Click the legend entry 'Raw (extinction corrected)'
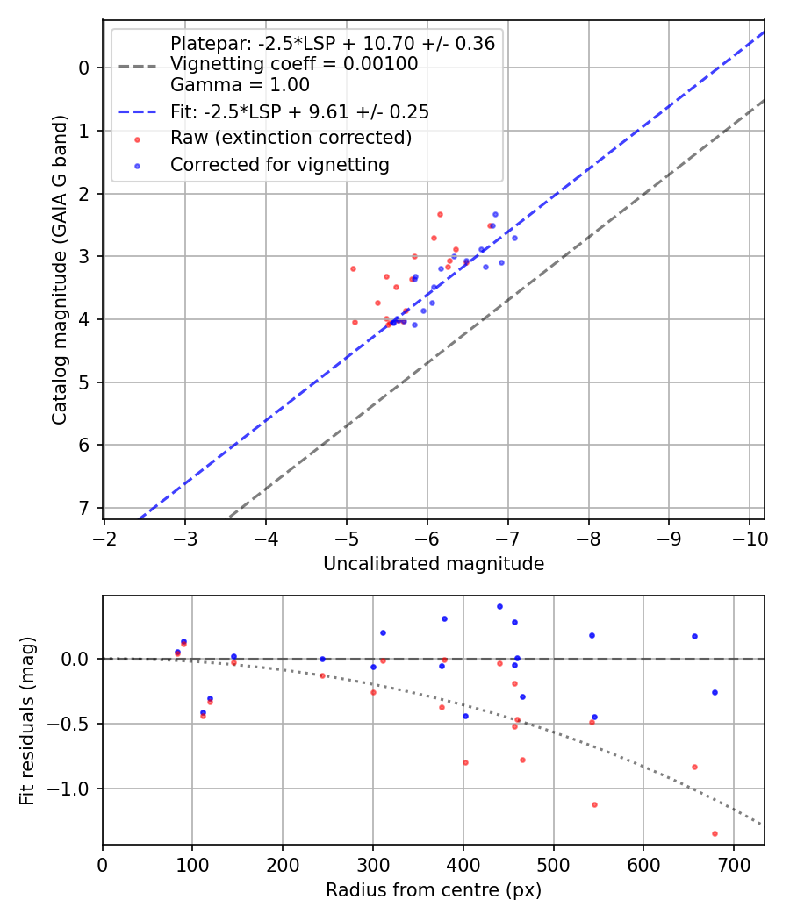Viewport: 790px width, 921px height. tap(291, 139)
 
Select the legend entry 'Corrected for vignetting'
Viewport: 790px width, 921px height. tap(279, 165)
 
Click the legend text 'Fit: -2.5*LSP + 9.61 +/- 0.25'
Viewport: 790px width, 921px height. tap(299, 112)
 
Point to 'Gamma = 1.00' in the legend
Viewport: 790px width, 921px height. tap(240, 86)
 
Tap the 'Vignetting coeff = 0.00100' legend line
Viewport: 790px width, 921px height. tap(294, 64)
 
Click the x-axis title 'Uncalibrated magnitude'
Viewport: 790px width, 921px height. tap(433, 564)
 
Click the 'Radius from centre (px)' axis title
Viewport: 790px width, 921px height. tap(433, 890)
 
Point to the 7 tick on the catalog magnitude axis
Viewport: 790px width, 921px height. tap(84, 509)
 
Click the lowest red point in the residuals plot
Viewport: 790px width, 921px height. tap(715, 833)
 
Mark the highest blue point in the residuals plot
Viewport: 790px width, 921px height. tap(499, 606)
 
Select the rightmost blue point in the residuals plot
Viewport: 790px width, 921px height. tap(715, 692)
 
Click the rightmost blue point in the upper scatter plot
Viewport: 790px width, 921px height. tap(514, 238)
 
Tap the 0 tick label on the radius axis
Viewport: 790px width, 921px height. tap(103, 864)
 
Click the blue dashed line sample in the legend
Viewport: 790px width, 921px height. tap(137, 112)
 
